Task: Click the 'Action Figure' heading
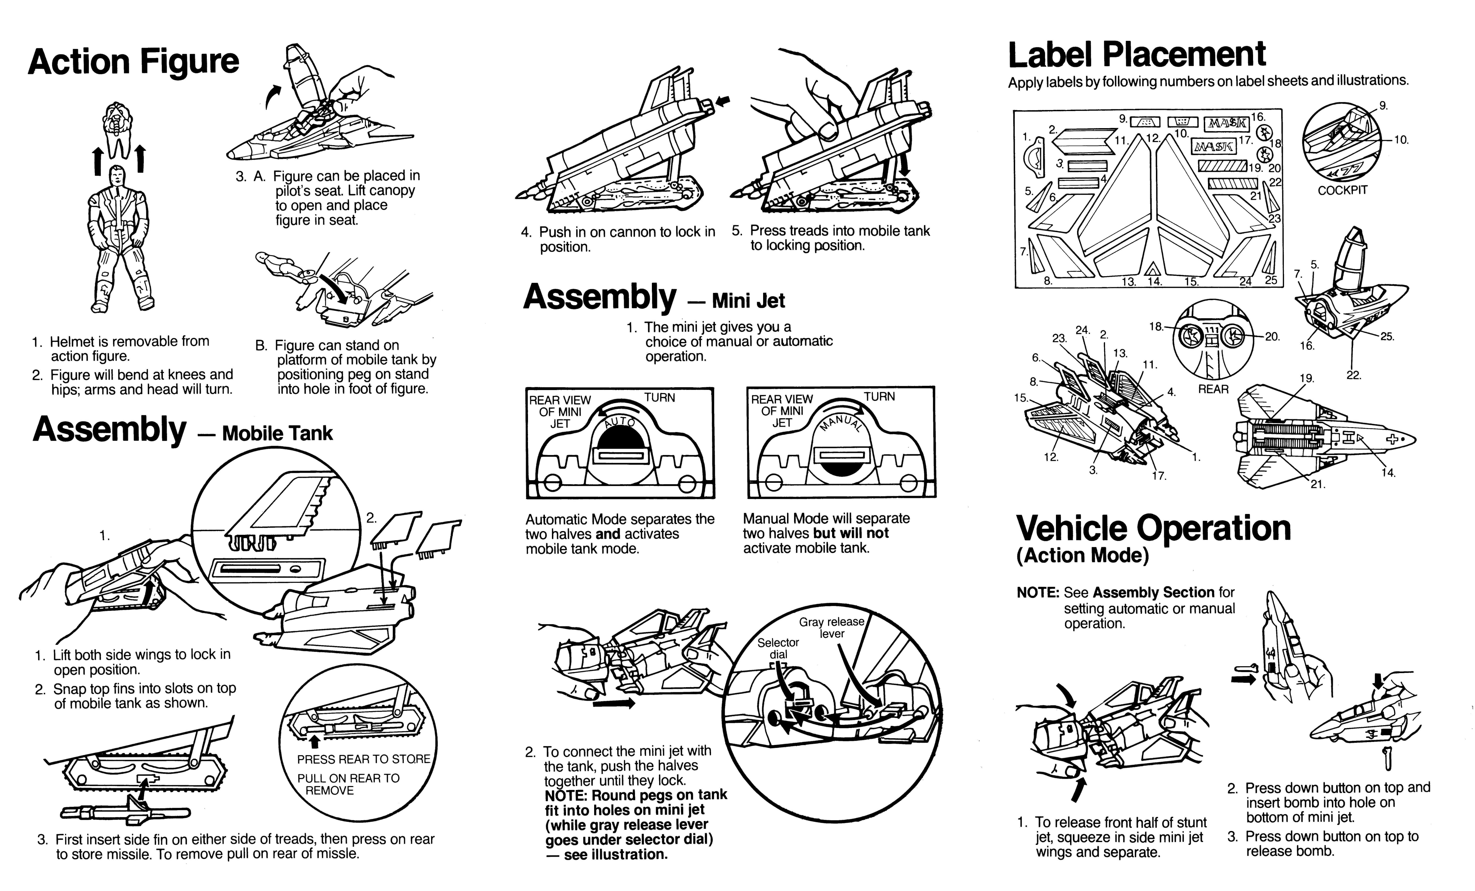(x=133, y=62)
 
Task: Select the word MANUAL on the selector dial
(x=841, y=423)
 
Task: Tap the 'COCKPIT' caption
(x=1343, y=190)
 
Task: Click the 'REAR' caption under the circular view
(x=1213, y=389)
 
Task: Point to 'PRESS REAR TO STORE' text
(x=363, y=759)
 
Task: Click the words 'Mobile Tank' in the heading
(x=277, y=433)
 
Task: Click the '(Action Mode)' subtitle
(x=1082, y=556)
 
